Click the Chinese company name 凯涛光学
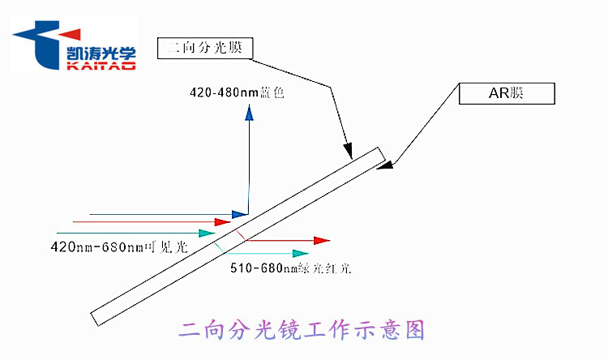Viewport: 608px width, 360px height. pyautogui.click(x=99, y=53)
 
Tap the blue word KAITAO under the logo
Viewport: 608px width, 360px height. pyautogui.click(x=99, y=66)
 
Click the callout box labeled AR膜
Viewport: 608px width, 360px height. pyautogui.click(x=507, y=93)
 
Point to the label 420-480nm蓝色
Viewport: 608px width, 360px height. pyautogui.click(x=236, y=92)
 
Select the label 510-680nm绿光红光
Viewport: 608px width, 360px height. pyautogui.click(x=290, y=268)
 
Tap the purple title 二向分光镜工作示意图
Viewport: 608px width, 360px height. pyautogui.click(x=301, y=330)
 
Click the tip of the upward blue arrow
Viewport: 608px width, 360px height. pyautogui.click(x=249, y=113)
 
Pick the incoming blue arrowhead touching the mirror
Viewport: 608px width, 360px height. pyautogui.click(x=239, y=214)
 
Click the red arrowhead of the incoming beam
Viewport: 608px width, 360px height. pyautogui.click(x=221, y=221)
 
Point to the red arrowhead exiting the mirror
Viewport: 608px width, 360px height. pyautogui.click(x=322, y=240)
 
